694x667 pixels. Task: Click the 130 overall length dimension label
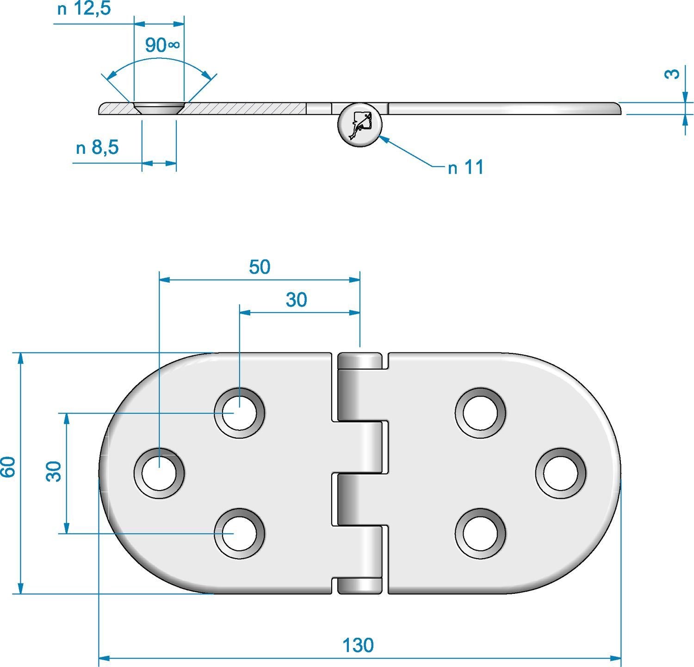358,645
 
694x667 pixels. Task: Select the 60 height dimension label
9,466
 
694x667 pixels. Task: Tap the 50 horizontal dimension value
259,267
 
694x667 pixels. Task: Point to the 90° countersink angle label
161,45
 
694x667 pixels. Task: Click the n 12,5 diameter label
84,9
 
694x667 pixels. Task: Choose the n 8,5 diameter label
97,148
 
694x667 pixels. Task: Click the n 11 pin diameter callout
465,167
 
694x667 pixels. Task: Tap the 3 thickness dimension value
674,73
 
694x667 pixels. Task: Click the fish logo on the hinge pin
360,124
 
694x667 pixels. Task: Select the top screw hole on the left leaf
239,413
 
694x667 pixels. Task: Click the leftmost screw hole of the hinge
159,473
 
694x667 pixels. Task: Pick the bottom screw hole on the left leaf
239,533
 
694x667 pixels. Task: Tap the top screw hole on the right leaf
480,413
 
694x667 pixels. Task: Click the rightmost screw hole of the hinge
561,473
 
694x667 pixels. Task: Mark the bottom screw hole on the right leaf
480,533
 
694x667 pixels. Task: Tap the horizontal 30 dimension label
296,300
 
